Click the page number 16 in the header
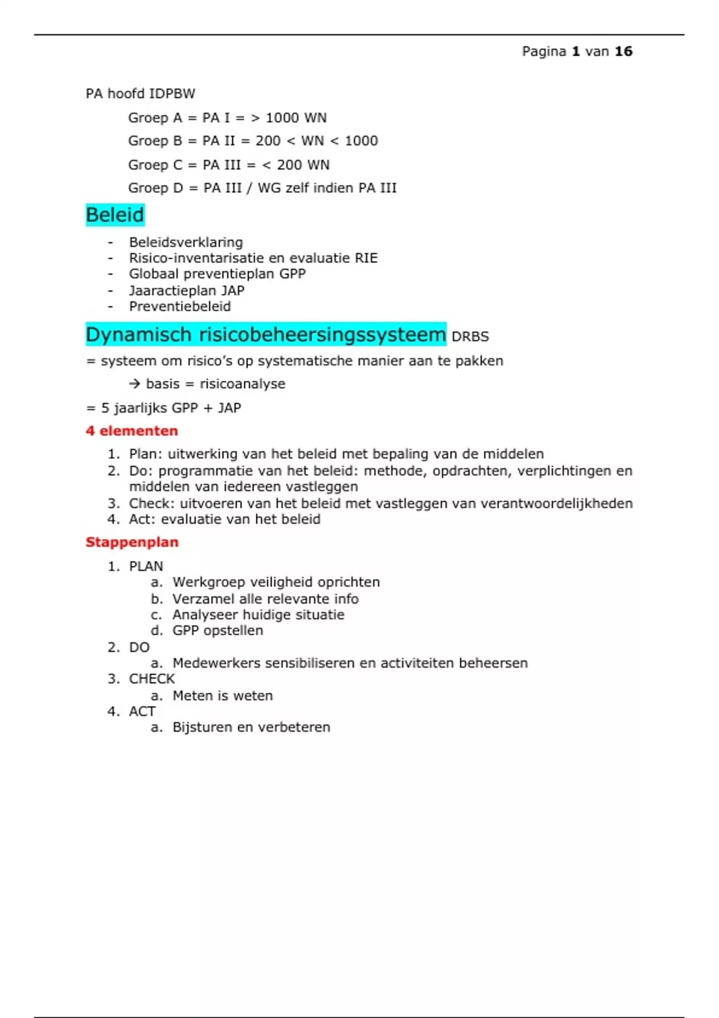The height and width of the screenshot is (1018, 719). point(623,51)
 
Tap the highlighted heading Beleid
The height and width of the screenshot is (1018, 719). point(115,215)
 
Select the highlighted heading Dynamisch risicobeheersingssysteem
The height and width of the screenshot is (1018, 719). point(265,335)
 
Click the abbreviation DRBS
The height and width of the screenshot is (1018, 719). point(470,337)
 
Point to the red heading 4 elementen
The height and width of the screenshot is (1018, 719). point(132,431)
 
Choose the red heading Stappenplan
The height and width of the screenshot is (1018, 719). point(132,543)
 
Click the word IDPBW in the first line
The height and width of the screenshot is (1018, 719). point(172,94)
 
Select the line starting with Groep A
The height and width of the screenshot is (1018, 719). point(227,118)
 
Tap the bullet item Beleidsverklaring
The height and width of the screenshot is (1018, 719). point(186,243)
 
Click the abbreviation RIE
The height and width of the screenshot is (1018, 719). point(366,258)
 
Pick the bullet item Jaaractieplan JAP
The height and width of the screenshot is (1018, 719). point(186,290)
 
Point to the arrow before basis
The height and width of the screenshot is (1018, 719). point(135,384)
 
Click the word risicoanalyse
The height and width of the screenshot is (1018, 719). point(243,384)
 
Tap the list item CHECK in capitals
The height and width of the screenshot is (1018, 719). point(152,679)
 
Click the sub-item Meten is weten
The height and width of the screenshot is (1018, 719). point(222,696)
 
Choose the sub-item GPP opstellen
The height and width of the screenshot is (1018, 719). point(217,631)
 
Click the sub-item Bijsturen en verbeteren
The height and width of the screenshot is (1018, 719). point(251,728)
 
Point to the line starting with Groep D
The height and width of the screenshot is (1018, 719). point(262,188)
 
